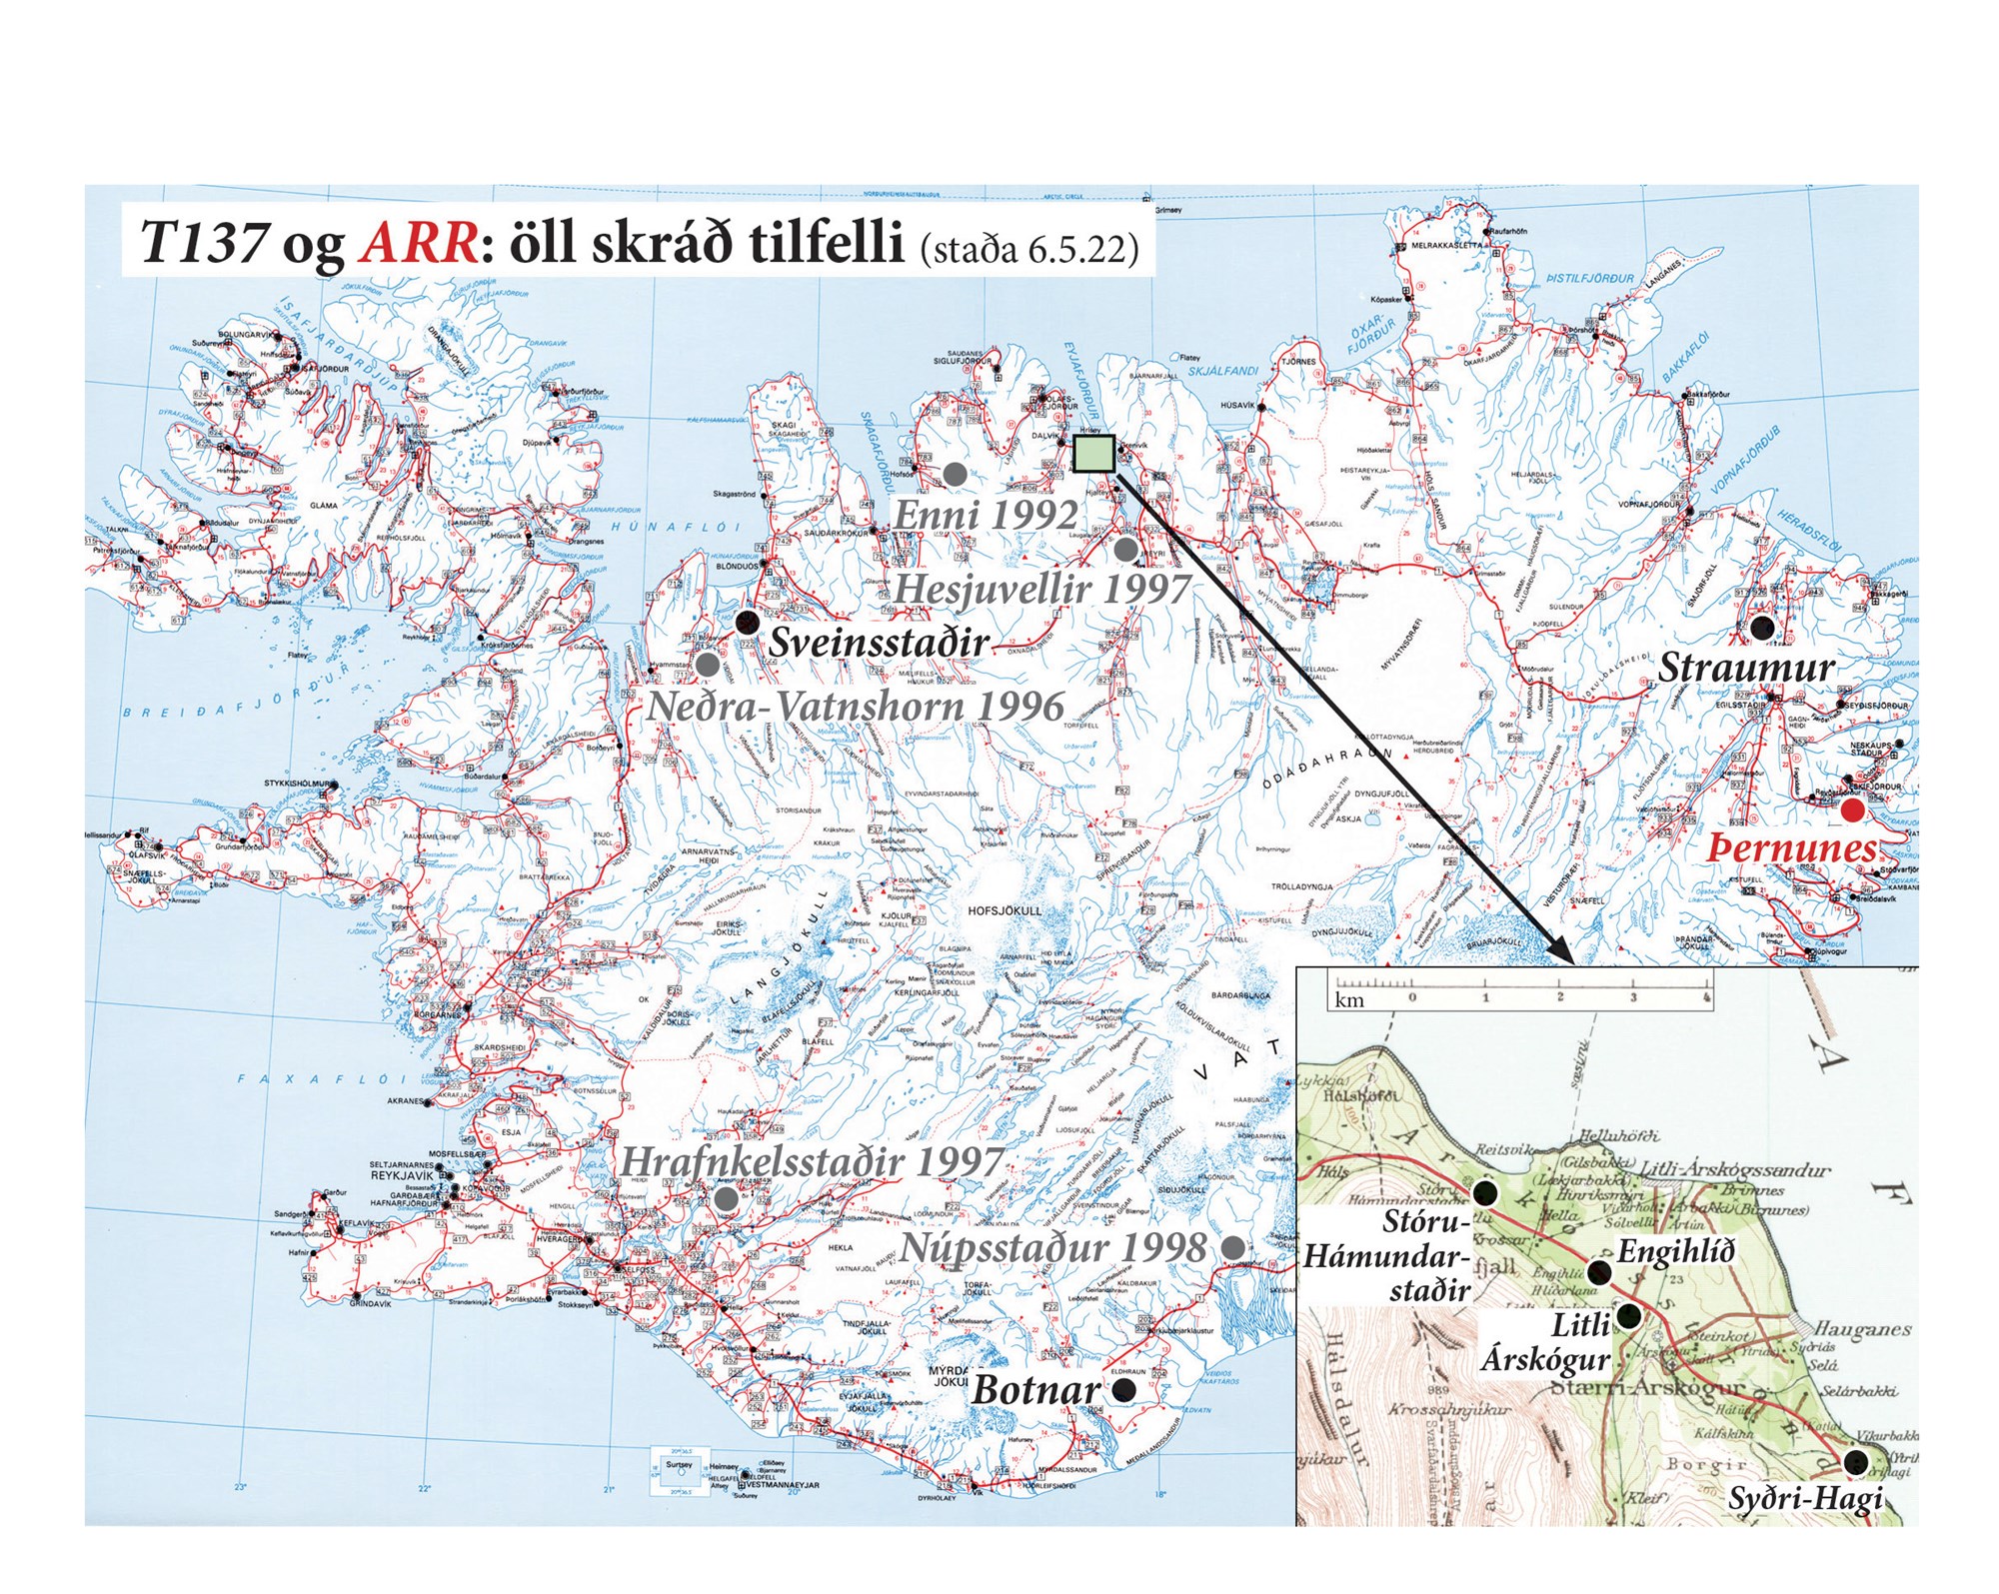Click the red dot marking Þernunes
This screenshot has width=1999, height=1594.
click(x=1853, y=810)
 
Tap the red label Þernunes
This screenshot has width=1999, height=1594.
click(x=1791, y=848)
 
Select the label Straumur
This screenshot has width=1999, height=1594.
click(x=1746, y=668)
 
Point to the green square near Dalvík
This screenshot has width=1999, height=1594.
click(x=1093, y=454)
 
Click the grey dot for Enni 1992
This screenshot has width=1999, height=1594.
click(x=956, y=472)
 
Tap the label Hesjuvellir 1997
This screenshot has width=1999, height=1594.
click(x=1040, y=589)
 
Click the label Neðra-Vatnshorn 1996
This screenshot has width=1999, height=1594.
click(x=856, y=706)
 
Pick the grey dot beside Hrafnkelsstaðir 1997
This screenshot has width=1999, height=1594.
click(x=727, y=1197)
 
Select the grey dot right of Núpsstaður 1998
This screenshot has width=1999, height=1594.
click(x=1233, y=1246)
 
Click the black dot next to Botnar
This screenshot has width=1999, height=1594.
click(x=1124, y=1390)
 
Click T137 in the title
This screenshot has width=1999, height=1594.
click(x=203, y=243)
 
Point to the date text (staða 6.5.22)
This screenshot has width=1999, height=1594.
click(x=1029, y=248)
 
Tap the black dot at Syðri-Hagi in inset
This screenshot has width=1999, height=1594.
click(x=1856, y=1462)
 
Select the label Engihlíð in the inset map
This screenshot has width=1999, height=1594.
click(x=1676, y=1251)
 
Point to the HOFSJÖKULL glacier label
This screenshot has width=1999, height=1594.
click(x=1004, y=910)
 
